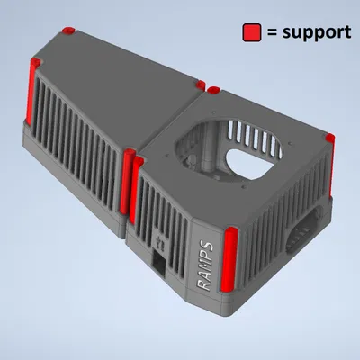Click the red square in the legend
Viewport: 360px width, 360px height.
[x=251, y=32]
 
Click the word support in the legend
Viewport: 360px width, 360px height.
[x=316, y=32]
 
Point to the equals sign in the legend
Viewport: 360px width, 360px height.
[x=271, y=33]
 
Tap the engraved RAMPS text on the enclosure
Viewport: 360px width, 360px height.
[x=204, y=261]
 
